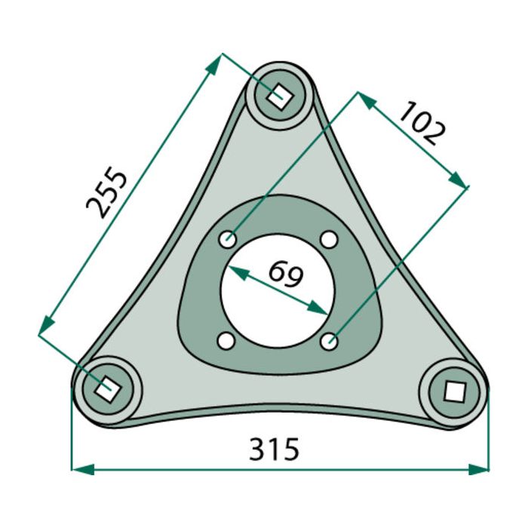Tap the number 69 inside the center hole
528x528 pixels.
tap(285, 273)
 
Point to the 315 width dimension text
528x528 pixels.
tap(275, 449)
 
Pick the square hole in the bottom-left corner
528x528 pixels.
tap(106, 388)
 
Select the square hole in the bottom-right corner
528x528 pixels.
tap(454, 391)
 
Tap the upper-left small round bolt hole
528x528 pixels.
tap(228, 240)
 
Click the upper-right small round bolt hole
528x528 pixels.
tap(328, 240)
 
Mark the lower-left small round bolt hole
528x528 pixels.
tap(225, 341)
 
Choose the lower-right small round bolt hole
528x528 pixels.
tap(328, 342)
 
